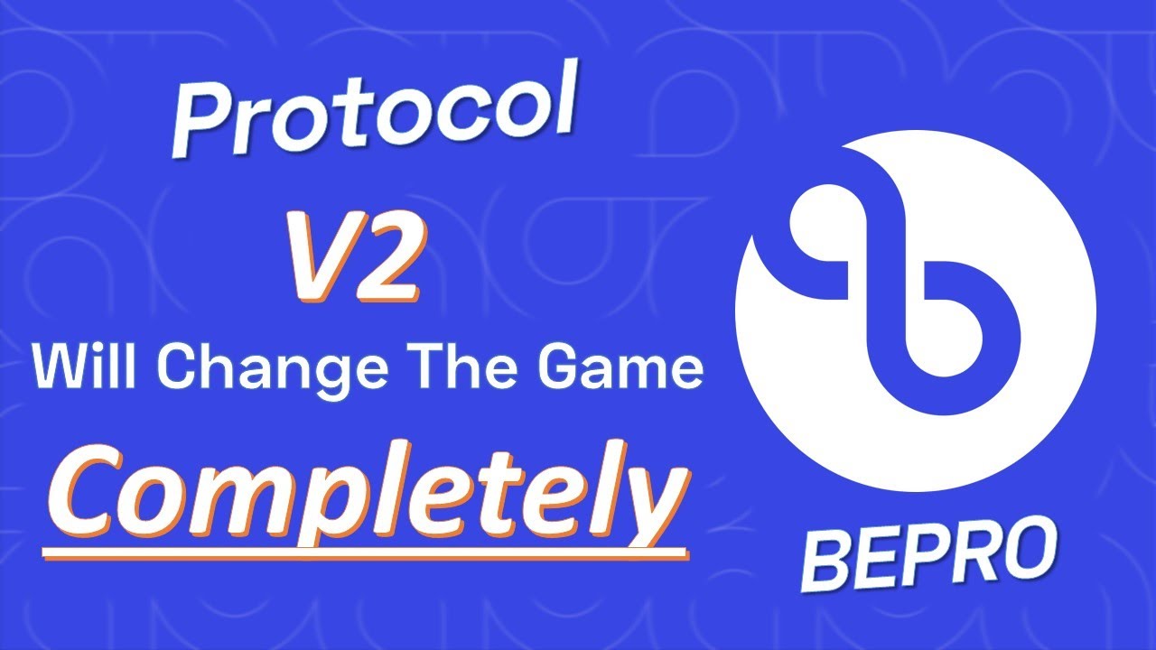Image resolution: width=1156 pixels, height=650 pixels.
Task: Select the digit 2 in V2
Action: tap(391, 262)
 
